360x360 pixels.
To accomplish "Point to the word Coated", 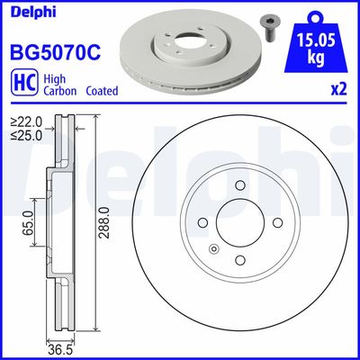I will (x=104, y=91).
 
